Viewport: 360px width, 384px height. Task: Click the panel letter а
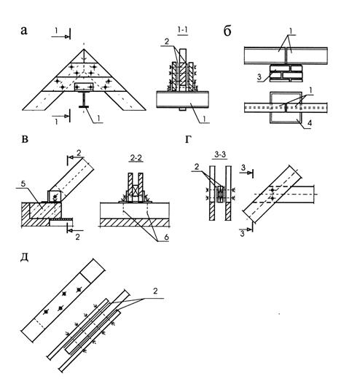[24, 31]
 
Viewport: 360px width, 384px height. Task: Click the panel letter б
[227, 31]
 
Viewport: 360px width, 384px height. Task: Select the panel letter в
[25, 139]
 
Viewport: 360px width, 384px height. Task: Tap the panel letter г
[188, 139]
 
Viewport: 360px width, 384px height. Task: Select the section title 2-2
[136, 158]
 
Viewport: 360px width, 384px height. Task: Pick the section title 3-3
[220, 154]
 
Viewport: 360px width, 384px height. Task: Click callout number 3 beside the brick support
[259, 77]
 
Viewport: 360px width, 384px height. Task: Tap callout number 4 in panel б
[310, 123]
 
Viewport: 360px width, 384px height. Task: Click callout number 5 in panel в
[23, 184]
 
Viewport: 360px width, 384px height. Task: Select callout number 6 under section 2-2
[167, 237]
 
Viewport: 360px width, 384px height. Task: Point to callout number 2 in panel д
[155, 291]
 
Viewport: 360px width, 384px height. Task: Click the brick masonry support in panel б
[286, 73]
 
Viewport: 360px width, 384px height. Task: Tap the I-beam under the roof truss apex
[84, 98]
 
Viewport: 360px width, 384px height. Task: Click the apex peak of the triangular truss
[84, 50]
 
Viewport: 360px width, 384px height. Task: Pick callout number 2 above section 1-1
[167, 42]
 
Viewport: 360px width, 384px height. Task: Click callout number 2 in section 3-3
[197, 167]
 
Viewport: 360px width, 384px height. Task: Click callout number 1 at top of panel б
[291, 31]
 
